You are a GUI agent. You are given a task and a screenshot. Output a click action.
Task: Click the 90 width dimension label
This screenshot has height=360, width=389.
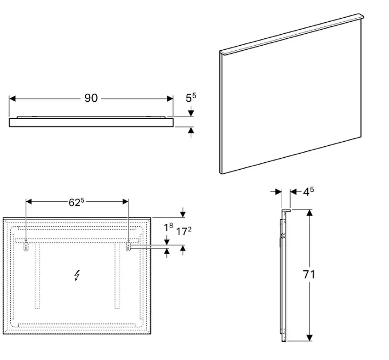(91, 98)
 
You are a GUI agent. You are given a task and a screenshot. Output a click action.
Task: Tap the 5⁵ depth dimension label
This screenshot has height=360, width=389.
(191, 98)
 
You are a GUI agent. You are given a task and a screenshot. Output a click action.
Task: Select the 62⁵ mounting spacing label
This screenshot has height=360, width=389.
(77, 202)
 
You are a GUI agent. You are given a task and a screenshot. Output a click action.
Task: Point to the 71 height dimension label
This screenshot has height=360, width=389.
(309, 274)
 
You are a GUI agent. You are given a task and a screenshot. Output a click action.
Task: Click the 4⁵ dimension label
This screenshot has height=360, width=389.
(308, 191)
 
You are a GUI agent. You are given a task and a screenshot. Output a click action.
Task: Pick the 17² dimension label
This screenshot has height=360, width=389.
(184, 231)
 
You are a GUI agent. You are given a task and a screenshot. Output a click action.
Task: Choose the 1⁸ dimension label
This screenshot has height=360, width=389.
(169, 227)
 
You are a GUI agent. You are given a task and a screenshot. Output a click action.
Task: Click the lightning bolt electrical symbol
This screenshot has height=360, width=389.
(77, 275)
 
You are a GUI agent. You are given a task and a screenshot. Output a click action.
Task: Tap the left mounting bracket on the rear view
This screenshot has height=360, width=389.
(26, 246)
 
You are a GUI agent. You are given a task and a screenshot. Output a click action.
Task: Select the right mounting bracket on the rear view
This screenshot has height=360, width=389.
(128, 246)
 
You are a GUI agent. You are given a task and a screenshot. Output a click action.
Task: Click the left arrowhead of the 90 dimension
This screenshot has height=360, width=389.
(13, 98)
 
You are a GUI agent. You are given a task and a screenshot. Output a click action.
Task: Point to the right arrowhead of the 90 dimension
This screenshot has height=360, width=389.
(170, 98)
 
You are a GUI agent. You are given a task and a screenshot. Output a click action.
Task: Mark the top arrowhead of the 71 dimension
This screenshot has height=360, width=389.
(309, 213)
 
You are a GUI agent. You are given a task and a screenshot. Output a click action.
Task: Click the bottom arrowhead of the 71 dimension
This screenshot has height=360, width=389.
(309, 338)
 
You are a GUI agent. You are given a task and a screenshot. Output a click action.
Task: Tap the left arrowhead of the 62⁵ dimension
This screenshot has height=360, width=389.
(29, 202)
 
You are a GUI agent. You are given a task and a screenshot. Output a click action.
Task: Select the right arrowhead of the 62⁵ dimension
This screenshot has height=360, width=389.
(125, 202)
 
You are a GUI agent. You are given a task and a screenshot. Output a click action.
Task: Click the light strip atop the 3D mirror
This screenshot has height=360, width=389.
(292, 34)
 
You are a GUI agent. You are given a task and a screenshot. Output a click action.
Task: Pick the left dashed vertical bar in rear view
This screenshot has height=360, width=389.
(37, 275)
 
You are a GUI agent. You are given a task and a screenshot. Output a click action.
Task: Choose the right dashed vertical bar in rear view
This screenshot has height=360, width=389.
(117, 275)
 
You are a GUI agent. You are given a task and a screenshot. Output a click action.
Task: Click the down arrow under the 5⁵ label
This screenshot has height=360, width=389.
(191, 111)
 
